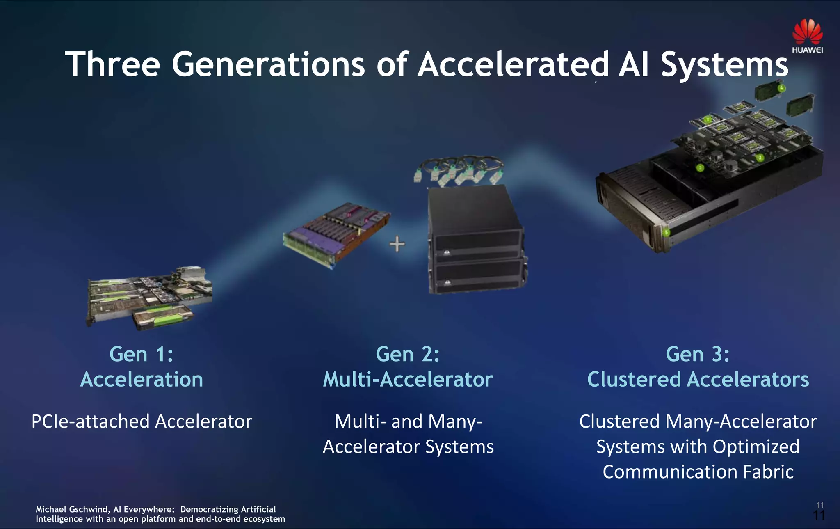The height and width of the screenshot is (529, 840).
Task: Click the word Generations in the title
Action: pos(268,64)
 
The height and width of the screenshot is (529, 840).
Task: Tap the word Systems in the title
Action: pos(724,64)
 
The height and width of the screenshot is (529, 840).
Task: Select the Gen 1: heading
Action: pos(141,354)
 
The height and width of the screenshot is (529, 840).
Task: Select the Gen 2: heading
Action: pos(408,354)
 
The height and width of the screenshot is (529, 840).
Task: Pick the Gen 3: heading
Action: pos(697,354)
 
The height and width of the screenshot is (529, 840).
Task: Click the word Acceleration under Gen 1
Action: pos(142,379)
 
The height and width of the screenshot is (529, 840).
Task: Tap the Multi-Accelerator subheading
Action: pos(408,379)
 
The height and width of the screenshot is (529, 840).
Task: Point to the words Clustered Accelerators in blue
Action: pos(698,379)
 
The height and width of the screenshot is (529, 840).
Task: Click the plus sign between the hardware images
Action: pos(397,245)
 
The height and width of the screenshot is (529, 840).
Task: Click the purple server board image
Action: pos(336,235)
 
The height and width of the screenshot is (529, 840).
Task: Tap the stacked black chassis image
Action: pos(476,240)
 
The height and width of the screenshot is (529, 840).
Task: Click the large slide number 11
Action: pos(819,516)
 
